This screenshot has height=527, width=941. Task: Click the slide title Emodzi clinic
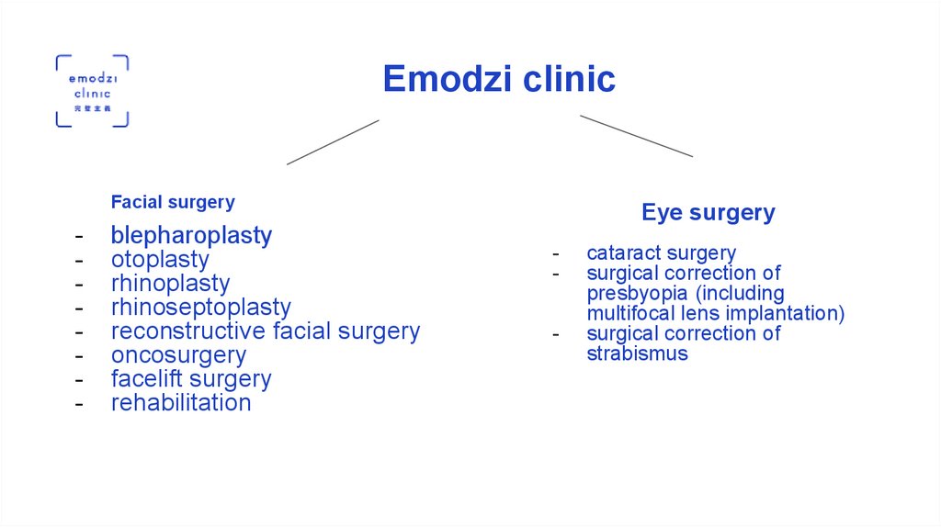pyautogui.click(x=499, y=79)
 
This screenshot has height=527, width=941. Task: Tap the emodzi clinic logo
pyautogui.click(x=92, y=91)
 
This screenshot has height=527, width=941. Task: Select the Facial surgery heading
pyautogui.click(x=173, y=202)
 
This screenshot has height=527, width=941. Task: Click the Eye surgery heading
pyautogui.click(x=708, y=213)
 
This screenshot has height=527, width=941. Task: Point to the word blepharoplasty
pyautogui.click(x=191, y=236)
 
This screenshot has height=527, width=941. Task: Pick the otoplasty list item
pyautogui.click(x=160, y=260)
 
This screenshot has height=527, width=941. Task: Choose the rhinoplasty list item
pyautogui.click(x=170, y=284)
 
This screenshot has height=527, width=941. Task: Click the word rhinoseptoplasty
pyautogui.click(x=200, y=308)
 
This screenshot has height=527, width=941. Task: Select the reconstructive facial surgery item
pyautogui.click(x=265, y=331)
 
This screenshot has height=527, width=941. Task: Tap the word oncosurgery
pyautogui.click(x=178, y=355)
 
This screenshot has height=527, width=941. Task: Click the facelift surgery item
pyautogui.click(x=191, y=379)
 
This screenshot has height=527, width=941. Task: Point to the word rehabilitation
pyautogui.click(x=181, y=403)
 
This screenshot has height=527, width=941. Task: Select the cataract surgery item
pyautogui.click(x=661, y=253)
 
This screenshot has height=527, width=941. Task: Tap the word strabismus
pyautogui.click(x=637, y=354)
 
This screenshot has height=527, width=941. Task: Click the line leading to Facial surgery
pyautogui.click(x=333, y=142)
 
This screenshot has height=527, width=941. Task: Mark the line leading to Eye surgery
pyautogui.click(x=636, y=136)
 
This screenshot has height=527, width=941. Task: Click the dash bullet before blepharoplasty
pyautogui.click(x=81, y=237)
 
